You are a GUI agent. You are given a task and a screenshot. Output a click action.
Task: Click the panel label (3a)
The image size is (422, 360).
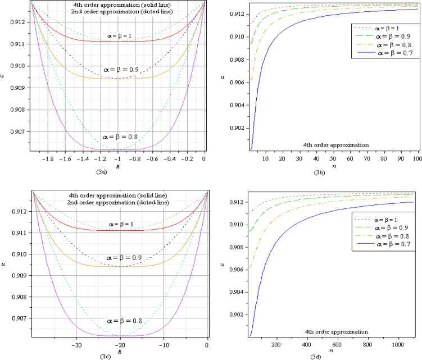tap(116, 171)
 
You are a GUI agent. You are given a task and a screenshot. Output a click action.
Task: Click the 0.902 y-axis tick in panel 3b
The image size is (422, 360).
tap(236, 127)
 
